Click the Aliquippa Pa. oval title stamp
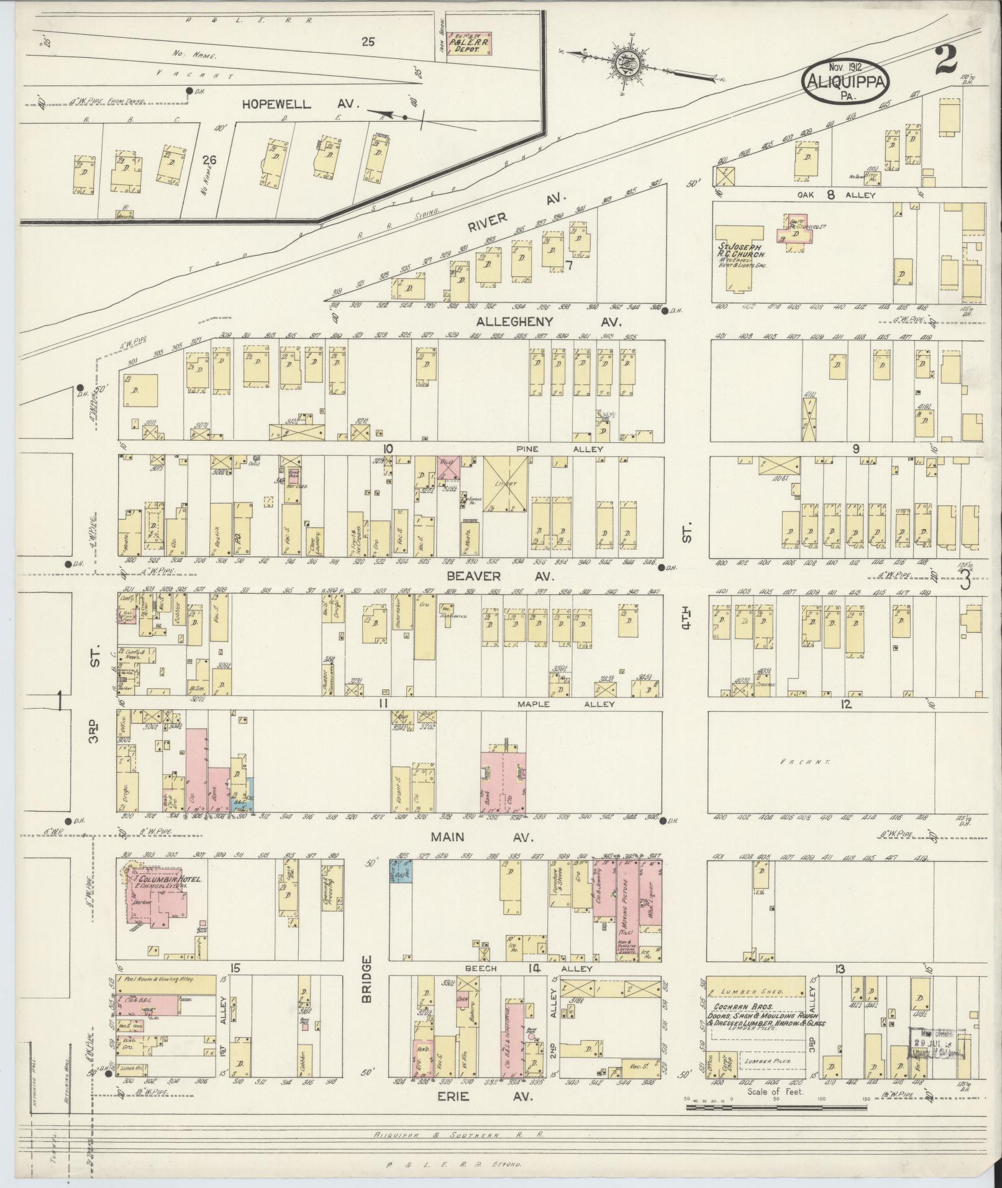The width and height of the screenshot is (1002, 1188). [x=845, y=81]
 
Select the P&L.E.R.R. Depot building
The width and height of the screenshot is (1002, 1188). [x=469, y=45]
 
